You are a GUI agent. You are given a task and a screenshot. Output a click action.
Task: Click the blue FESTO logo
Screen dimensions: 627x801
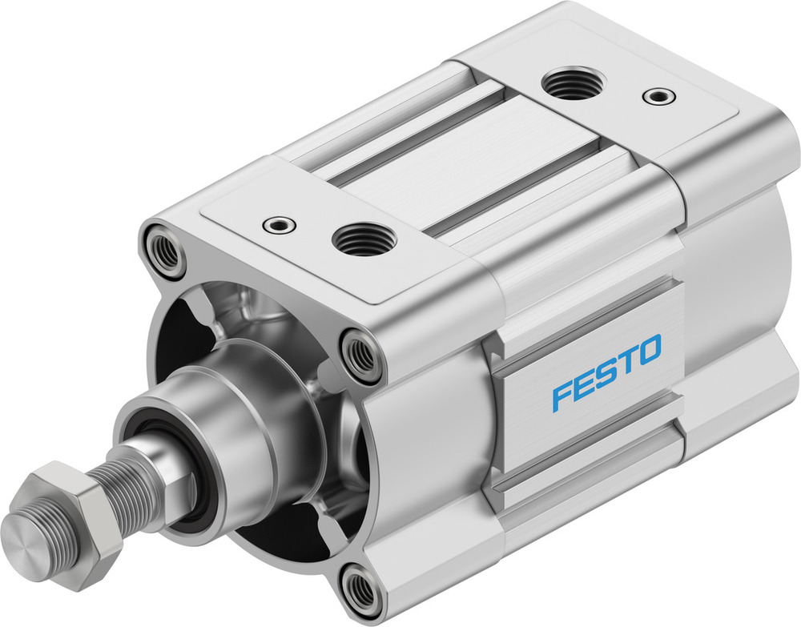click(607, 372)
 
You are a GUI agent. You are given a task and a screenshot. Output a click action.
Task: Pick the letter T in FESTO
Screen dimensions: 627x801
click(625, 362)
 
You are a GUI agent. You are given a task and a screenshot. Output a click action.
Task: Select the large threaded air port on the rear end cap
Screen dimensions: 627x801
click(573, 85)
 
